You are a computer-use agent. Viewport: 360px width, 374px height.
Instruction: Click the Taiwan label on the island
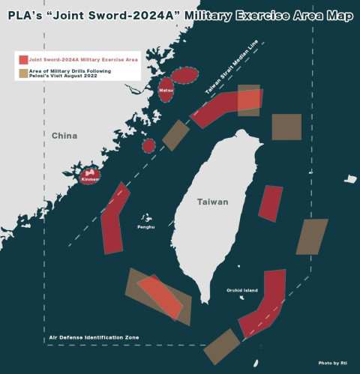coord(213,202)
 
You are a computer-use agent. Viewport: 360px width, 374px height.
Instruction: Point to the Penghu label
coord(145,226)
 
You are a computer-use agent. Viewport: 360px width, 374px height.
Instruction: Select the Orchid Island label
coord(242,290)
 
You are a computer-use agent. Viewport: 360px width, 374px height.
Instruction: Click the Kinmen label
coord(89,180)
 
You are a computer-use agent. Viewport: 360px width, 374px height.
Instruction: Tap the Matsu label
coord(166,91)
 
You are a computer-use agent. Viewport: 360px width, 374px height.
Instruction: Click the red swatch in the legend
coord(23,58)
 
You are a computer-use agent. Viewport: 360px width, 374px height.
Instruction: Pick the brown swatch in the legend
coord(23,73)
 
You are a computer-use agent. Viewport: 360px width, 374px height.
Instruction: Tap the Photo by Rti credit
coord(333,364)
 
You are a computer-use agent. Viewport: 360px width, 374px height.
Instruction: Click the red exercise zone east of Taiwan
coord(271,203)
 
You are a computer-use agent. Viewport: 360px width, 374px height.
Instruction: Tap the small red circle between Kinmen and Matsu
coord(148,144)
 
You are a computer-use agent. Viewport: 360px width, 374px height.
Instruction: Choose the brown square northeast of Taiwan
coord(286,127)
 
